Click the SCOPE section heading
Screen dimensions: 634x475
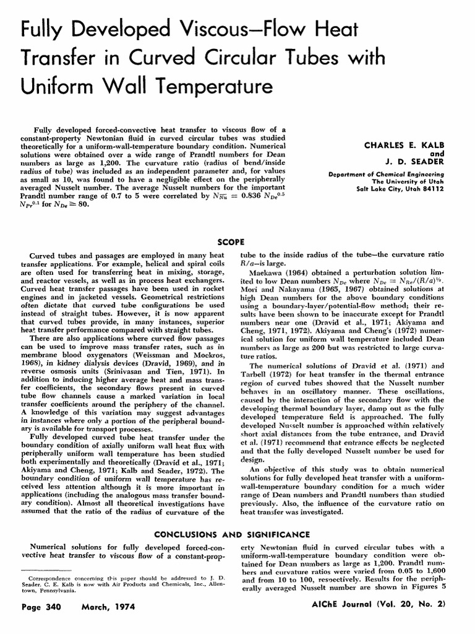click(x=233, y=241)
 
